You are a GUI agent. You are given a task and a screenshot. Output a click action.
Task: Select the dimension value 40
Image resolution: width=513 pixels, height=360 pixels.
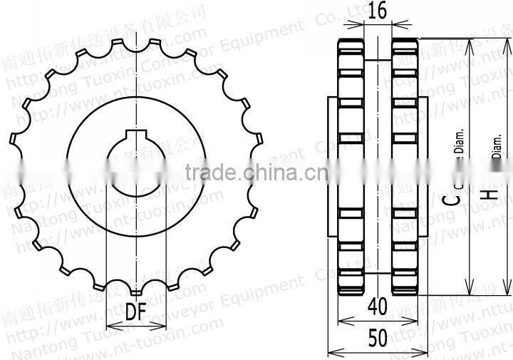tap(378, 306)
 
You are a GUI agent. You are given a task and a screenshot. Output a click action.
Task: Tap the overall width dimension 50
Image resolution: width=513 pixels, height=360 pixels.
tap(378, 338)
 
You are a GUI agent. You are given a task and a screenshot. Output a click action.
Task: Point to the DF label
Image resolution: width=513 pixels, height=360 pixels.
tap(135, 312)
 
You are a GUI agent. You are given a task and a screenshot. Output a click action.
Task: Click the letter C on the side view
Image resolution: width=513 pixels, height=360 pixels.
tap(450, 197)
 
